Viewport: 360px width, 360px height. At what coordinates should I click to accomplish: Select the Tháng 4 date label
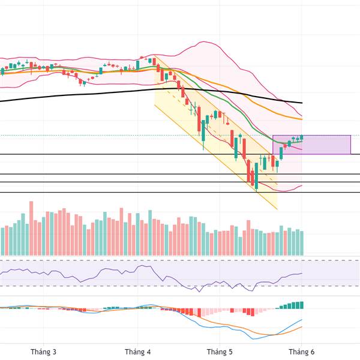[x=138, y=352]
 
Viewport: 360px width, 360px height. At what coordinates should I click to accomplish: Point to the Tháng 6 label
[x=298, y=352]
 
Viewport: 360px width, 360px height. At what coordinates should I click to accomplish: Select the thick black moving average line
[x=90, y=94]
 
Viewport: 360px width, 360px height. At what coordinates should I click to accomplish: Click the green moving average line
[x=198, y=96]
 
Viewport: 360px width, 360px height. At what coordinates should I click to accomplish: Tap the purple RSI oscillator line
[x=90, y=271]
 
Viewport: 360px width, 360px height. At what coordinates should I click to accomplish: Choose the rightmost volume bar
[x=302, y=243]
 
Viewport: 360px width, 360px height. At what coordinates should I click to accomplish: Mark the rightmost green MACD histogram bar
[x=302, y=305]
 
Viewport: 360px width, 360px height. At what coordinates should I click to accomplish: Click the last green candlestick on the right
[x=302, y=137]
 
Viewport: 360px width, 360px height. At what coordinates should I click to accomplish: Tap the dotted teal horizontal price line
[x=120, y=136]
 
